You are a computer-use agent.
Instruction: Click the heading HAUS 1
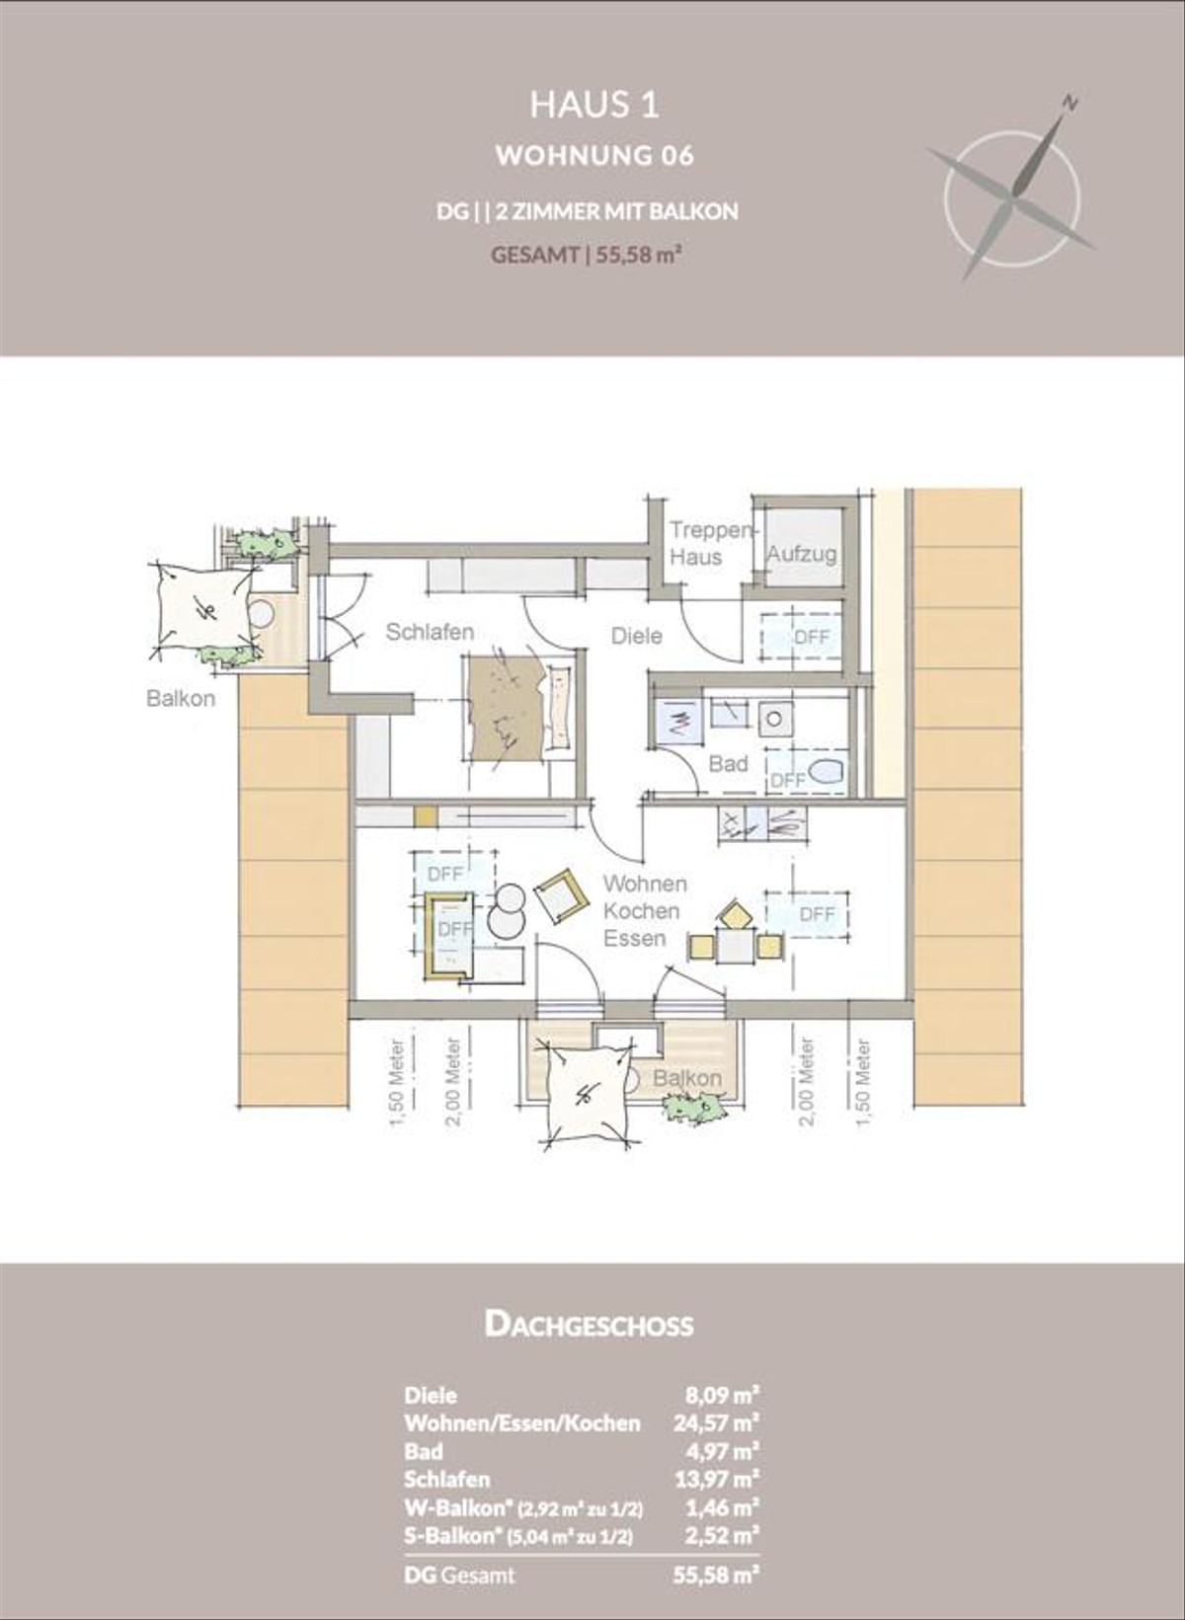[x=593, y=105]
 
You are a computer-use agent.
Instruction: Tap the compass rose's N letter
[x=1069, y=101]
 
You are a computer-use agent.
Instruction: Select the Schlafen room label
[x=430, y=632]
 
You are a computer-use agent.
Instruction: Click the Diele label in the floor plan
[x=636, y=636]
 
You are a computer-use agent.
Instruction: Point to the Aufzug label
[x=802, y=554]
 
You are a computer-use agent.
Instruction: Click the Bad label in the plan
[x=728, y=763]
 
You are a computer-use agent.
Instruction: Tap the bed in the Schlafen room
[x=518, y=708]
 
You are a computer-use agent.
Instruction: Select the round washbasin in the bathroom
[x=773, y=719]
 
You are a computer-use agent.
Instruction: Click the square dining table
[x=736, y=947]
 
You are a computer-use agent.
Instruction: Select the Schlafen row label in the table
[x=446, y=1479]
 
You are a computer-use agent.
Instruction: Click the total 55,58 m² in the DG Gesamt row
[x=716, y=1575]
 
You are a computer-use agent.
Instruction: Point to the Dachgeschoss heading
[x=589, y=1324]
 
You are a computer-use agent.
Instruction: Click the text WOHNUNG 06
[x=594, y=156]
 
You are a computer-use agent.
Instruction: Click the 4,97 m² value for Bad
[x=722, y=1451]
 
